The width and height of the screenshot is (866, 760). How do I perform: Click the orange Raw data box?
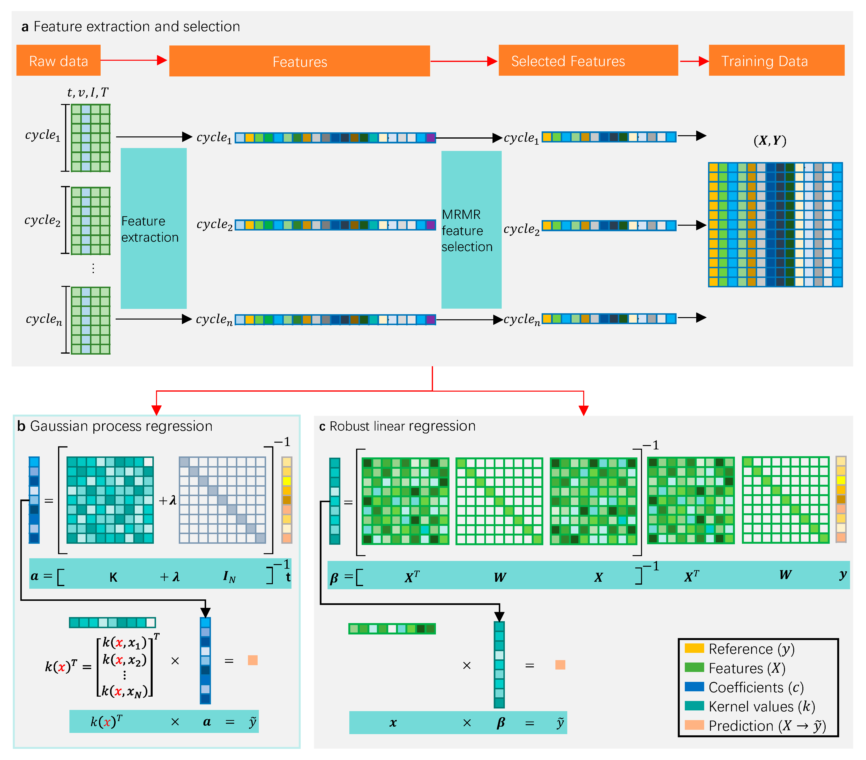click(59, 60)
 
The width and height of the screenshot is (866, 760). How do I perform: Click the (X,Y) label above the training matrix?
click(769, 141)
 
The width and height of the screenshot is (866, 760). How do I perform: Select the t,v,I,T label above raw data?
click(88, 92)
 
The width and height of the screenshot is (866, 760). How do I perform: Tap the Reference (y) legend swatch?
click(694, 648)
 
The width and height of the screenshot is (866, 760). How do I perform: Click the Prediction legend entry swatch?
click(694, 725)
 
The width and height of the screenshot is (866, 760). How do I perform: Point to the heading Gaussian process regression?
click(121, 426)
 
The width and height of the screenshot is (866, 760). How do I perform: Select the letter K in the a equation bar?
click(113, 577)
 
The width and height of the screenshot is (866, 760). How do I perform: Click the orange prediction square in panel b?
click(253, 660)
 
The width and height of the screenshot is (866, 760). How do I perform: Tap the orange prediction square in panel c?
click(560, 665)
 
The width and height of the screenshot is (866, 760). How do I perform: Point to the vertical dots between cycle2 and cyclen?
click(93, 268)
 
